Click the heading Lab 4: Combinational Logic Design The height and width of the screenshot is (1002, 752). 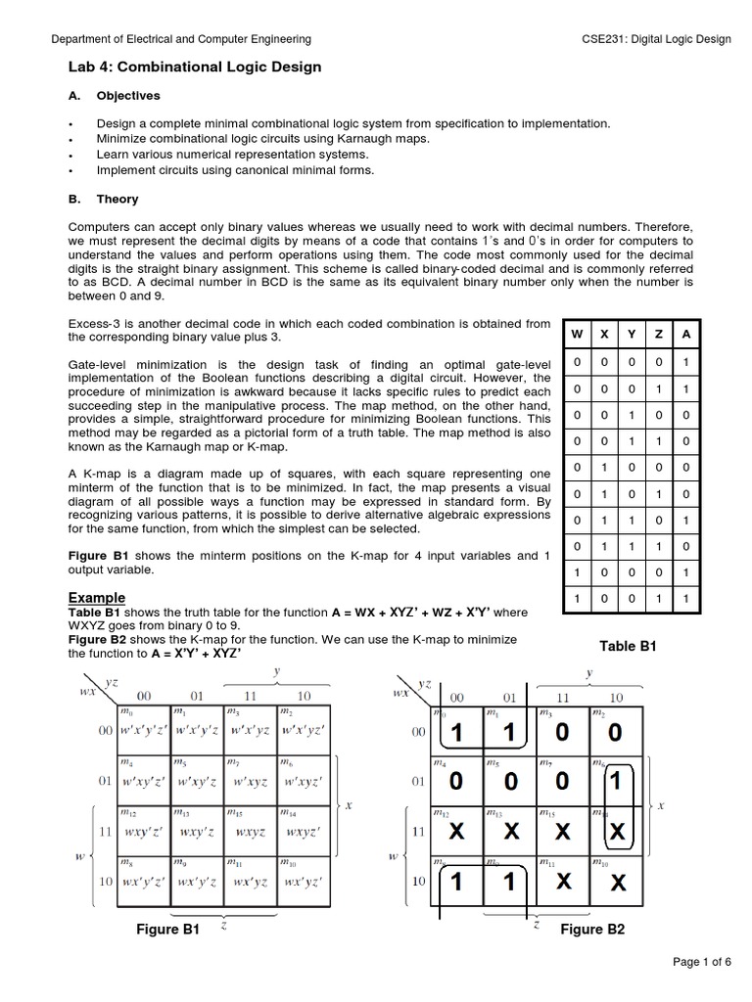point(194,67)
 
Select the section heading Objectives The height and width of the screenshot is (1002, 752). point(127,96)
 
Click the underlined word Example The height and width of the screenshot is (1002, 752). point(96,598)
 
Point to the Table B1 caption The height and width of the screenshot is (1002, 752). point(627,646)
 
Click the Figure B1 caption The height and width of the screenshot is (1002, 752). point(167,930)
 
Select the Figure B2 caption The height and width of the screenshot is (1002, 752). point(591,930)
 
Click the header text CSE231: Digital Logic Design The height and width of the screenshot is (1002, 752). point(656,39)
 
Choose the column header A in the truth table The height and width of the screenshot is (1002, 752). point(686,334)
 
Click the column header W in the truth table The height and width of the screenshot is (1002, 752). point(578,334)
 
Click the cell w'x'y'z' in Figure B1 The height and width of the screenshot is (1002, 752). point(144,730)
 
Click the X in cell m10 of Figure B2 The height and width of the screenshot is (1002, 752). point(617,884)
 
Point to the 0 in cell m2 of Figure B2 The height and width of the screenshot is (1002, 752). point(614,732)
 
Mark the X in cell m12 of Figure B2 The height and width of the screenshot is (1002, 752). point(455,832)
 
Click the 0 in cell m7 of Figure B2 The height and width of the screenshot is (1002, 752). point(562,781)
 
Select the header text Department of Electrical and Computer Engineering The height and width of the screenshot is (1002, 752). point(181,39)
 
